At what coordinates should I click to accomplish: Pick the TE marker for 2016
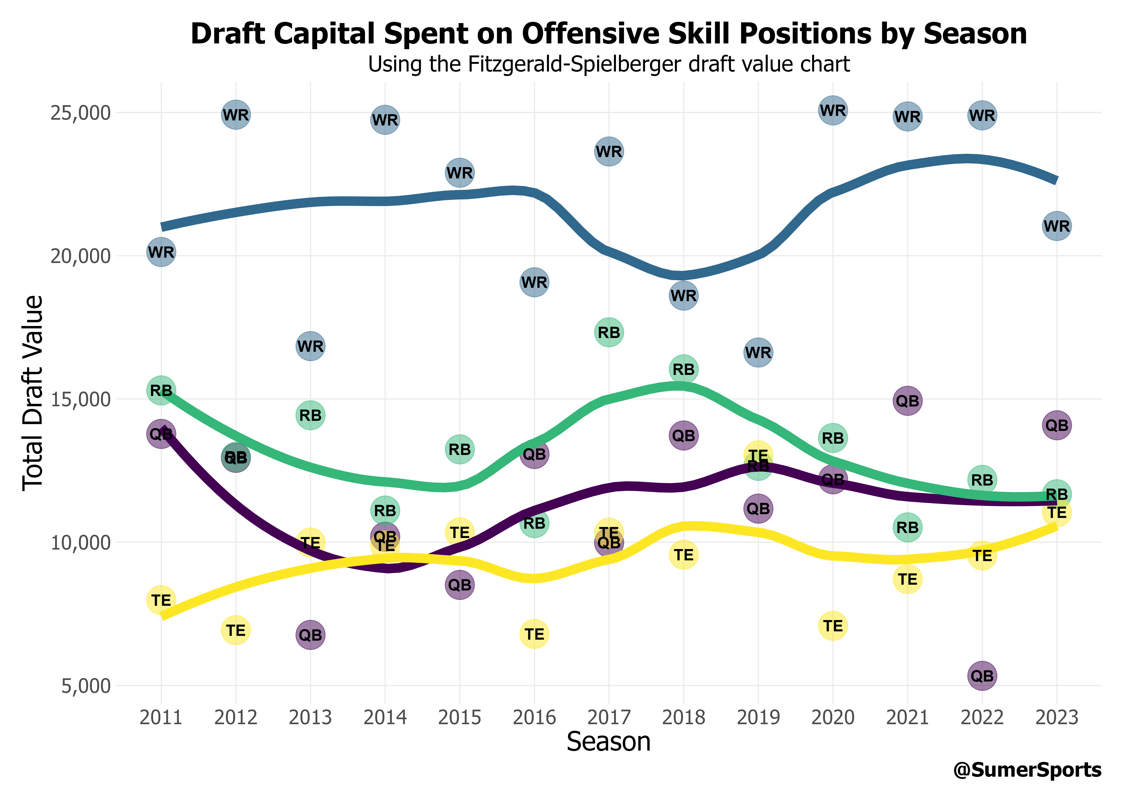point(534,634)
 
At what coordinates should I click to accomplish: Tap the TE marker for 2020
point(833,626)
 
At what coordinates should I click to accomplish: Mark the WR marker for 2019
point(758,353)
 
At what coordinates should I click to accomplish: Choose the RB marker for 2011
point(161,390)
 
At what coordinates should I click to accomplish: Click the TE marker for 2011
point(161,600)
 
